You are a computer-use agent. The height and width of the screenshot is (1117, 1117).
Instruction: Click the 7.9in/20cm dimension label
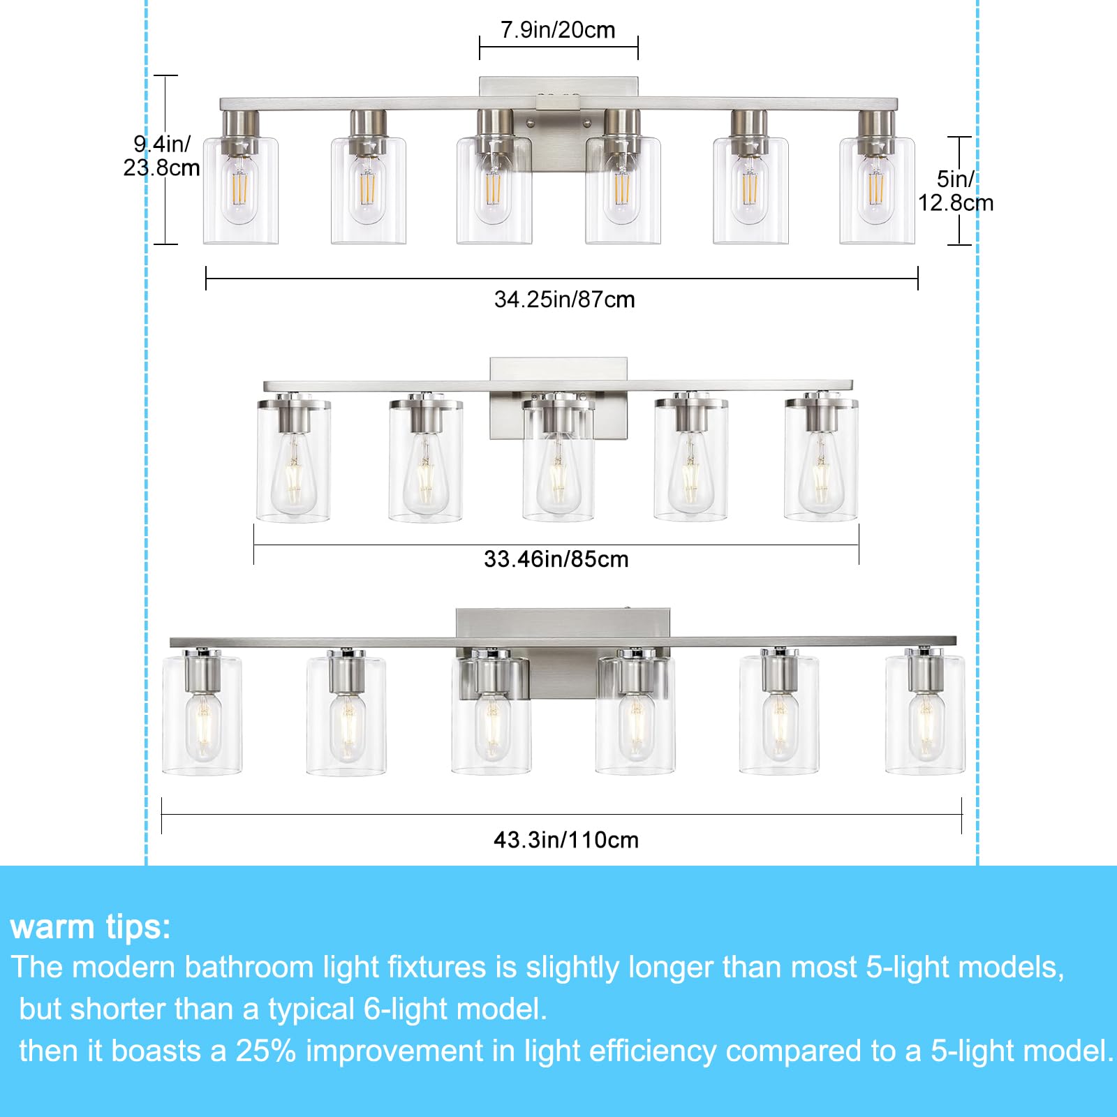point(558,30)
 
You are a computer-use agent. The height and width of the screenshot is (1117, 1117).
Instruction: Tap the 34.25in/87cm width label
point(564,299)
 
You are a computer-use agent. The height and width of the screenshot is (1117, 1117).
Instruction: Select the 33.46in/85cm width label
point(556,559)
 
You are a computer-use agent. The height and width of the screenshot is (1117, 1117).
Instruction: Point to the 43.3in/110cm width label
point(565,839)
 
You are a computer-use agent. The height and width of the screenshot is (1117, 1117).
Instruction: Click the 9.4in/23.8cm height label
point(161,156)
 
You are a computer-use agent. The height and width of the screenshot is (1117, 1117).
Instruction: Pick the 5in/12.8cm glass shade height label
point(954,191)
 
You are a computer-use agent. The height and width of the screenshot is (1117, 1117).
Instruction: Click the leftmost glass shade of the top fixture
point(240,192)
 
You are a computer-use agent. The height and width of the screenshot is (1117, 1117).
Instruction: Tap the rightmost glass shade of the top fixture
point(877,192)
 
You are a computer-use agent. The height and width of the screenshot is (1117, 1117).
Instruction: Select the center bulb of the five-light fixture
point(558,475)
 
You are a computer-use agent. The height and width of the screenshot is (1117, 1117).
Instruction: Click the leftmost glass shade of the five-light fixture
point(293,461)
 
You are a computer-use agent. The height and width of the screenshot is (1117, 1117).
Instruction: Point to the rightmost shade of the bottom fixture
point(925,716)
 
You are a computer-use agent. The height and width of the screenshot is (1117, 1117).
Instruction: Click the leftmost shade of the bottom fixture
point(202,716)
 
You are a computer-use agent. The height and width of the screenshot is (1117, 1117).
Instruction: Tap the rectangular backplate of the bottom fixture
point(563,621)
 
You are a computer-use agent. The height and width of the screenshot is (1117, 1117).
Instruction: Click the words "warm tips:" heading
point(91,927)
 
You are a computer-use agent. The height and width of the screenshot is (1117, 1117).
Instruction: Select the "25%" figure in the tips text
point(265,1051)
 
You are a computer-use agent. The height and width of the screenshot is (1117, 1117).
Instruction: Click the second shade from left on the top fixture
point(368,192)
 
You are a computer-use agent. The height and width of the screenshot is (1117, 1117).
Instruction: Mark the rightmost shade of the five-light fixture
point(821,461)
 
